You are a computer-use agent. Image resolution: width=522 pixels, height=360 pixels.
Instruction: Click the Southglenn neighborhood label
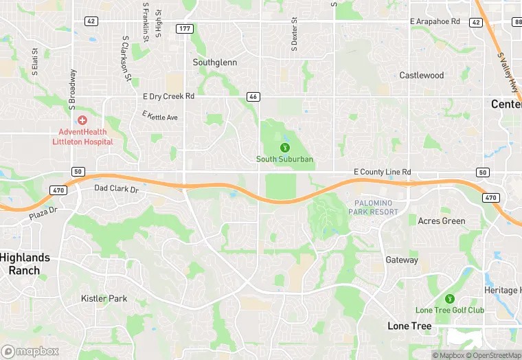pos(214,63)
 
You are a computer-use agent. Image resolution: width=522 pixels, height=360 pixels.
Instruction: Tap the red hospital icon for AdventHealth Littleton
pos(82,120)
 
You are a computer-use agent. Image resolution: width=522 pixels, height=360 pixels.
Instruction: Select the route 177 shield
pos(184,28)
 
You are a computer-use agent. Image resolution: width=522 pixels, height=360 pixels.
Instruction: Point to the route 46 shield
pos(253,97)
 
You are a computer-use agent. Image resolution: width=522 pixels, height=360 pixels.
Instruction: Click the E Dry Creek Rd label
pos(168,97)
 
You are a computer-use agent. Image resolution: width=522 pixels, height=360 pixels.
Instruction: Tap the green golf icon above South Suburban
pos(284,146)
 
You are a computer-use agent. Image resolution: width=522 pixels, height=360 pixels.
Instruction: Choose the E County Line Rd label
pos(382,172)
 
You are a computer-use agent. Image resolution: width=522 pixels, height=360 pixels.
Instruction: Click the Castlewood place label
pos(422,76)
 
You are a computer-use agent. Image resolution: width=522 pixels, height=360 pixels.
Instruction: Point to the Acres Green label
pos(442,221)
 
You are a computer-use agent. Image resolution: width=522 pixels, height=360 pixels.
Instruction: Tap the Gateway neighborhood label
pos(402,260)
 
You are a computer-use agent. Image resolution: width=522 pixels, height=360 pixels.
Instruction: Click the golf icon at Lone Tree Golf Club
pos(450,299)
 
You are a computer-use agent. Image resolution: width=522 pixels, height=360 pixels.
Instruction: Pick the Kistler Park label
pos(104,299)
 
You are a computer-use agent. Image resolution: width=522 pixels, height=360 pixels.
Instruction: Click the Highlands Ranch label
pos(25,264)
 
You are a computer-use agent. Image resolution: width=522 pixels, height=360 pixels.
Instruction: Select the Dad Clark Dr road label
pos(116,188)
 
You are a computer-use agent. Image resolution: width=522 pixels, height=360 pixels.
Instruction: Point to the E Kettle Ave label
pos(160,116)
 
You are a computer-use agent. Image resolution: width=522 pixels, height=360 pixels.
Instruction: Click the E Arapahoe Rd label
pos(435,22)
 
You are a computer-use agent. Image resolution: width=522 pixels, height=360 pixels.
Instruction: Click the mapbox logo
pos(30,351)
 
